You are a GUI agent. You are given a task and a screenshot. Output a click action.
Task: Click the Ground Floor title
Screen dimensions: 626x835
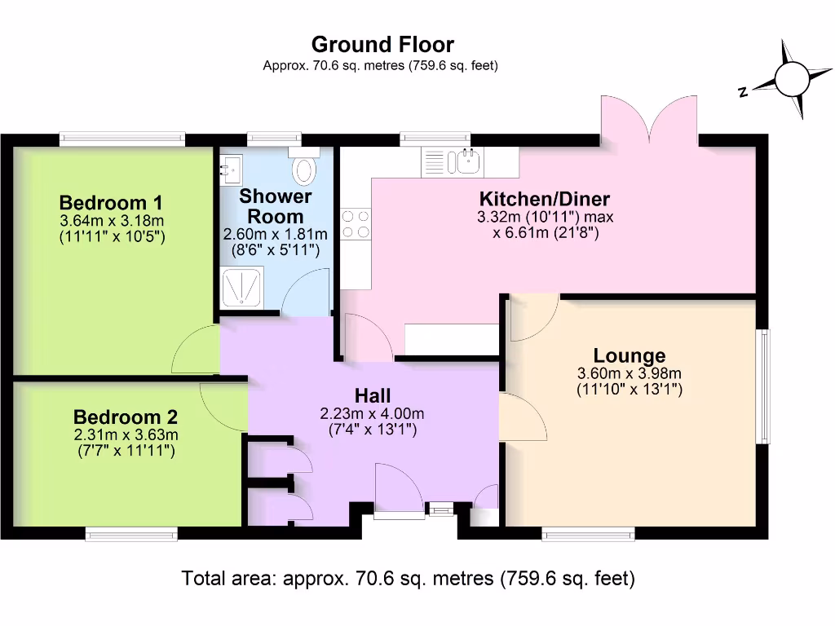point(382,44)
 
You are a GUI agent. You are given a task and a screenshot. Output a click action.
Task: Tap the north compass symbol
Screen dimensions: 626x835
point(789,79)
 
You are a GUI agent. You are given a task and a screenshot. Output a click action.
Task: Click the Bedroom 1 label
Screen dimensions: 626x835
point(112,202)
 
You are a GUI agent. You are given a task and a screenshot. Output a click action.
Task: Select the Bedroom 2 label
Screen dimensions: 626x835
point(125,417)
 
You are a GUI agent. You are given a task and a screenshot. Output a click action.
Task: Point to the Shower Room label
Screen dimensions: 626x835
point(276,207)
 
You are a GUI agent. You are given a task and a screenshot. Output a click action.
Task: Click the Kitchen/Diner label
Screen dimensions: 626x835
point(544,199)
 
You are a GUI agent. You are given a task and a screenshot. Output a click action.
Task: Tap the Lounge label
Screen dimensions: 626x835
point(629,355)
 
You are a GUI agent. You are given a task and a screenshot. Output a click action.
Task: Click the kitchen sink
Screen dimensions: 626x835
point(469,161)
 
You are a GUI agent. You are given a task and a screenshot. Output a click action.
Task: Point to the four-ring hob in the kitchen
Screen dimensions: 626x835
point(356,225)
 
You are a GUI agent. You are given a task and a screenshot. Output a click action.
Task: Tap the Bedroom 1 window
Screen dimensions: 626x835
point(121,139)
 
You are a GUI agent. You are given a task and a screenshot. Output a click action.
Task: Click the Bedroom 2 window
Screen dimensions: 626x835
point(131,534)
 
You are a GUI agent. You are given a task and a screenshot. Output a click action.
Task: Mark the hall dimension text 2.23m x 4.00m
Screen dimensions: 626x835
point(372,413)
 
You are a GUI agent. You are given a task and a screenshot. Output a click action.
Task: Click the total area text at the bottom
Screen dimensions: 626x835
point(408,579)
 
